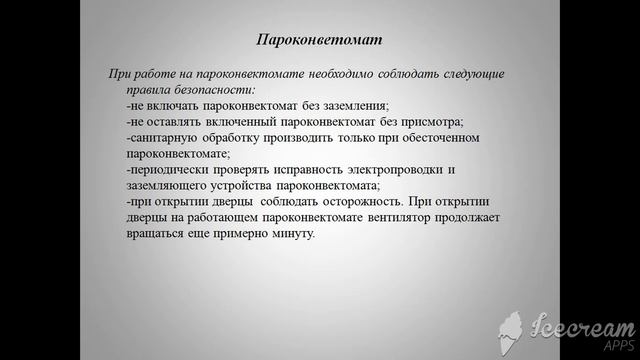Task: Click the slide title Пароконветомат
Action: (319, 40)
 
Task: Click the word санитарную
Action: (165, 137)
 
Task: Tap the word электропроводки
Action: (391, 170)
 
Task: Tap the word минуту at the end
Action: (293, 234)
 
